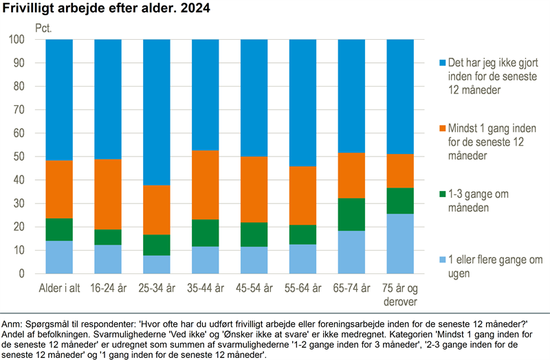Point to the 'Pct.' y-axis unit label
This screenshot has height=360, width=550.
point(43,29)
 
